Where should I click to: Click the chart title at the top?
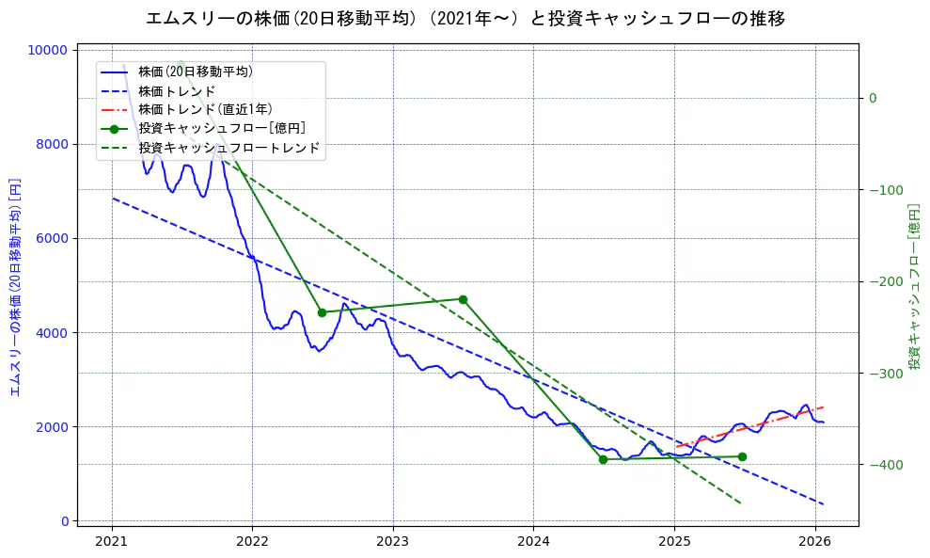click(x=465, y=18)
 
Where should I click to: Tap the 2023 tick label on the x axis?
click(x=392, y=541)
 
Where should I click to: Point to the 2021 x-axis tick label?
click(x=112, y=541)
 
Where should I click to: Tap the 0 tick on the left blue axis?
click(x=66, y=521)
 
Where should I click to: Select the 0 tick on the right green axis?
click(x=873, y=98)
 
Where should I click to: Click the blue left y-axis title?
click(x=15, y=286)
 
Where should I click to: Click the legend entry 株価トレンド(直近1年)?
click(x=205, y=109)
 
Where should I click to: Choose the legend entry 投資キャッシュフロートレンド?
click(x=229, y=148)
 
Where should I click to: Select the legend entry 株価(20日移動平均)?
click(x=195, y=71)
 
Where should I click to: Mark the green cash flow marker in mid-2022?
click(x=322, y=312)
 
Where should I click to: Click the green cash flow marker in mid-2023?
click(x=463, y=299)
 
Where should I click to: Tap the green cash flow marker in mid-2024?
click(x=603, y=459)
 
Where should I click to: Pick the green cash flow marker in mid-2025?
click(x=742, y=456)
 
